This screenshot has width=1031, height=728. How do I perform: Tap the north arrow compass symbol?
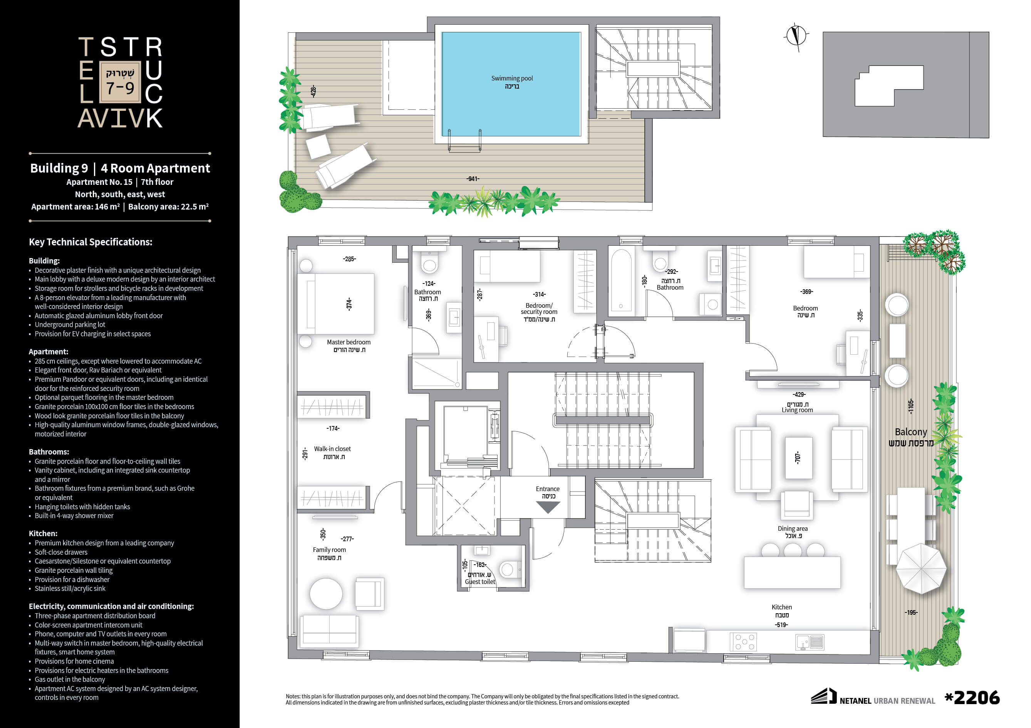[x=796, y=35]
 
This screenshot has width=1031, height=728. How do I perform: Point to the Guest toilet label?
[x=480, y=582]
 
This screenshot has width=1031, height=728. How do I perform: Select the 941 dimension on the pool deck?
[x=473, y=179]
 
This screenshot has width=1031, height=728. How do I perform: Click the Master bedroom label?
[x=349, y=342]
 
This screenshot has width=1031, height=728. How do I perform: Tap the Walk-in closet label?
[x=332, y=449]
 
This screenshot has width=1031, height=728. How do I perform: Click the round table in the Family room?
[x=326, y=593]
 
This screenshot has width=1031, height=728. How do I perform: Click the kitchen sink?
[x=810, y=642]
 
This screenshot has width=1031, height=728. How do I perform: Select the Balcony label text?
[x=911, y=432]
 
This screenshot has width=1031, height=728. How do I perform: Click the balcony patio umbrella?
[x=921, y=569]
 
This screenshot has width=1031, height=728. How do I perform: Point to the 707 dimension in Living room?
[x=798, y=458]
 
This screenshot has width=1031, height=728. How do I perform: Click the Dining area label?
[x=793, y=528]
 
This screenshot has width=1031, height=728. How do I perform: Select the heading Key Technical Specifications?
[x=91, y=242]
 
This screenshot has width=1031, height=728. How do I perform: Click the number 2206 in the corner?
[x=977, y=698]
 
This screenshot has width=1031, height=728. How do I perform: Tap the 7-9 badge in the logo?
[x=120, y=81]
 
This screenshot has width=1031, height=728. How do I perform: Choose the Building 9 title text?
[x=59, y=168]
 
